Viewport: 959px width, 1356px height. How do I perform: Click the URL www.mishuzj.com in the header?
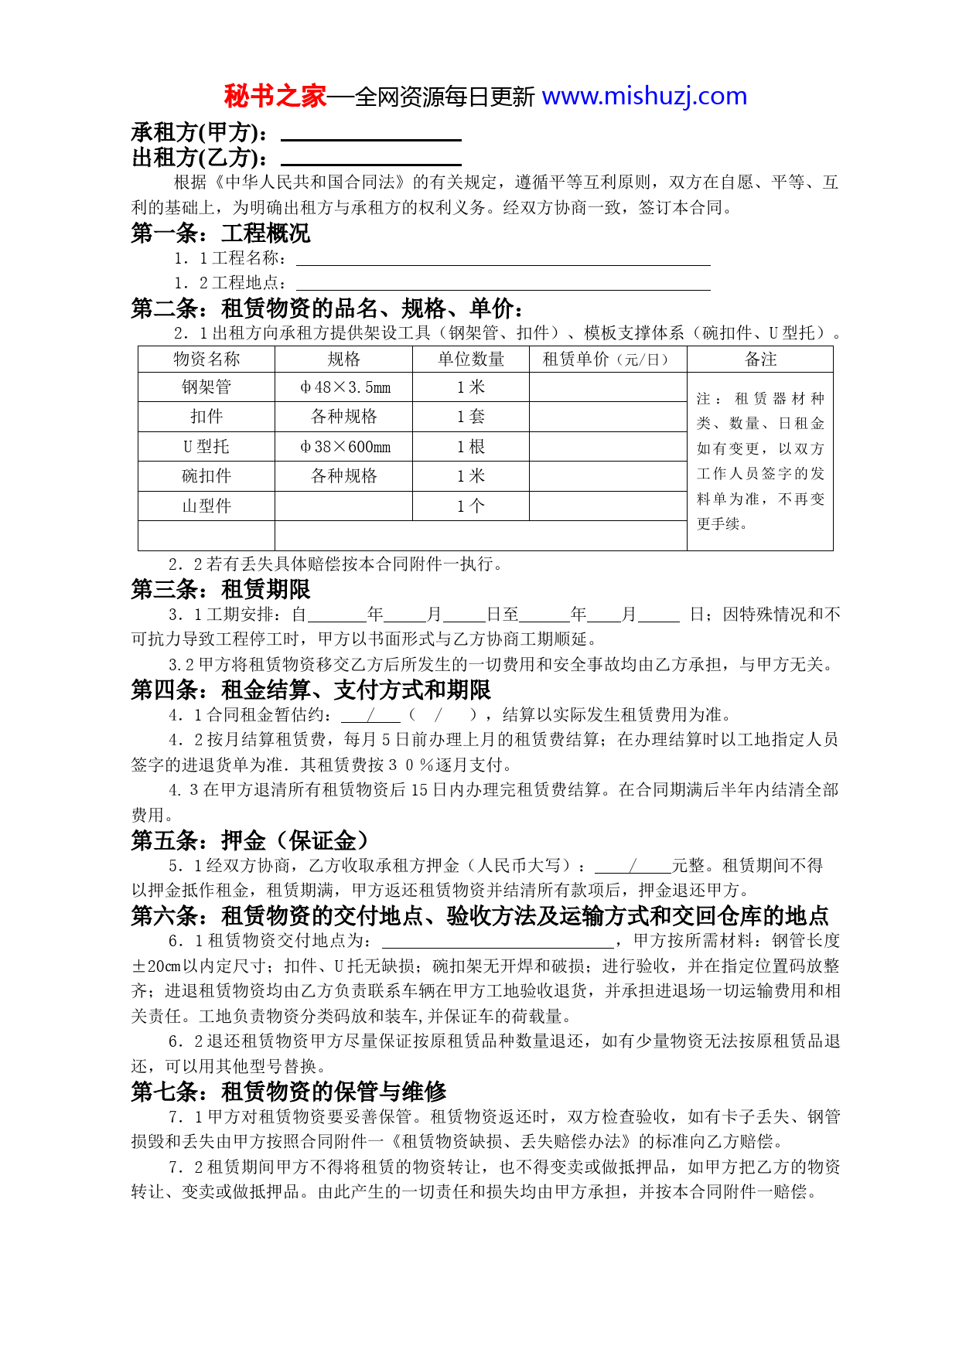tap(644, 96)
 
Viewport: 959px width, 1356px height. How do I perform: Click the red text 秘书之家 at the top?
tap(275, 96)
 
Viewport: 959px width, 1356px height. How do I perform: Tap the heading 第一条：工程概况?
tap(220, 233)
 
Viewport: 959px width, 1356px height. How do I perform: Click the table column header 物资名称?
tap(206, 359)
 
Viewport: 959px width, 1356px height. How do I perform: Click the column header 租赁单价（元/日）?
tap(607, 359)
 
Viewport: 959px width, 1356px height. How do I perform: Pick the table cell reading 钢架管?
tap(206, 387)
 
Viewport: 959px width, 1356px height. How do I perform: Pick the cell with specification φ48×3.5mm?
tap(344, 387)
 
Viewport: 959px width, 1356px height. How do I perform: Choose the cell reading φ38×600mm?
tap(344, 447)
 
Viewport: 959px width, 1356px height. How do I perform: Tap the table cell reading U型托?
tap(206, 447)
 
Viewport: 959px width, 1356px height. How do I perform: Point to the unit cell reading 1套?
tap(470, 417)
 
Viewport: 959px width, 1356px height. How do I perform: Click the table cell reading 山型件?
tap(206, 506)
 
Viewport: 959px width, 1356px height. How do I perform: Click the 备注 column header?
tap(760, 359)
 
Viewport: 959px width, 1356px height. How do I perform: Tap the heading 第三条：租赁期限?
tap(220, 590)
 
